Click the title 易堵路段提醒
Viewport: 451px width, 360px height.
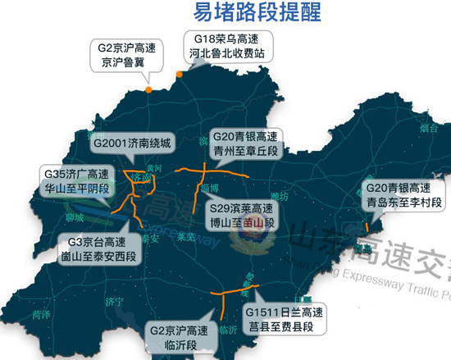click(x=257, y=13)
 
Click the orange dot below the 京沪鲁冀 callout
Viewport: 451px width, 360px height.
click(x=148, y=89)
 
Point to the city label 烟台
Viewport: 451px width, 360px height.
click(x=428, y=128)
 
